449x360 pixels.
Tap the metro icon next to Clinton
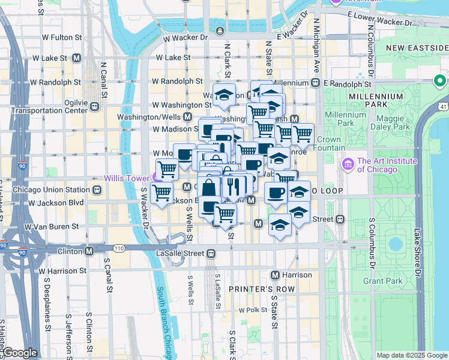click(89, 251)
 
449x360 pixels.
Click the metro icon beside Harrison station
click(276, 275)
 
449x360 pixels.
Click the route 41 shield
click(443, 106)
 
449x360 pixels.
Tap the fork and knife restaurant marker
click(234, 186)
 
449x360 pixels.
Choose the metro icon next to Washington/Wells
click(187, 117)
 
